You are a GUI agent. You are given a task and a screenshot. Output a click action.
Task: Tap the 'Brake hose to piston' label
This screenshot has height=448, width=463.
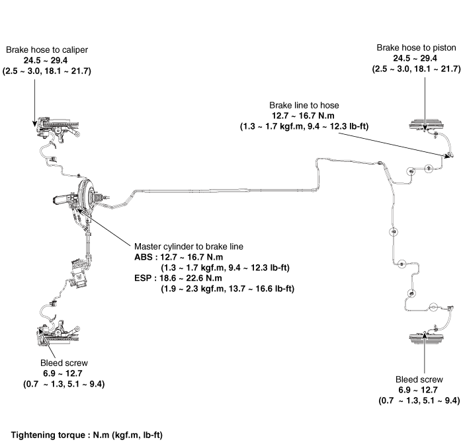pyautogui.click(x=416, y=48)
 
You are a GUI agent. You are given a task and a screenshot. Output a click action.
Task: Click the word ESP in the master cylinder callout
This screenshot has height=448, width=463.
pyautogui.click(x=143, y=278)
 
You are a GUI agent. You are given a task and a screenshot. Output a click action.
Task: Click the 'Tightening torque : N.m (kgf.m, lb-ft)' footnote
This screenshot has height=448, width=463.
pyautogui.click(x=87, y=435)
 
